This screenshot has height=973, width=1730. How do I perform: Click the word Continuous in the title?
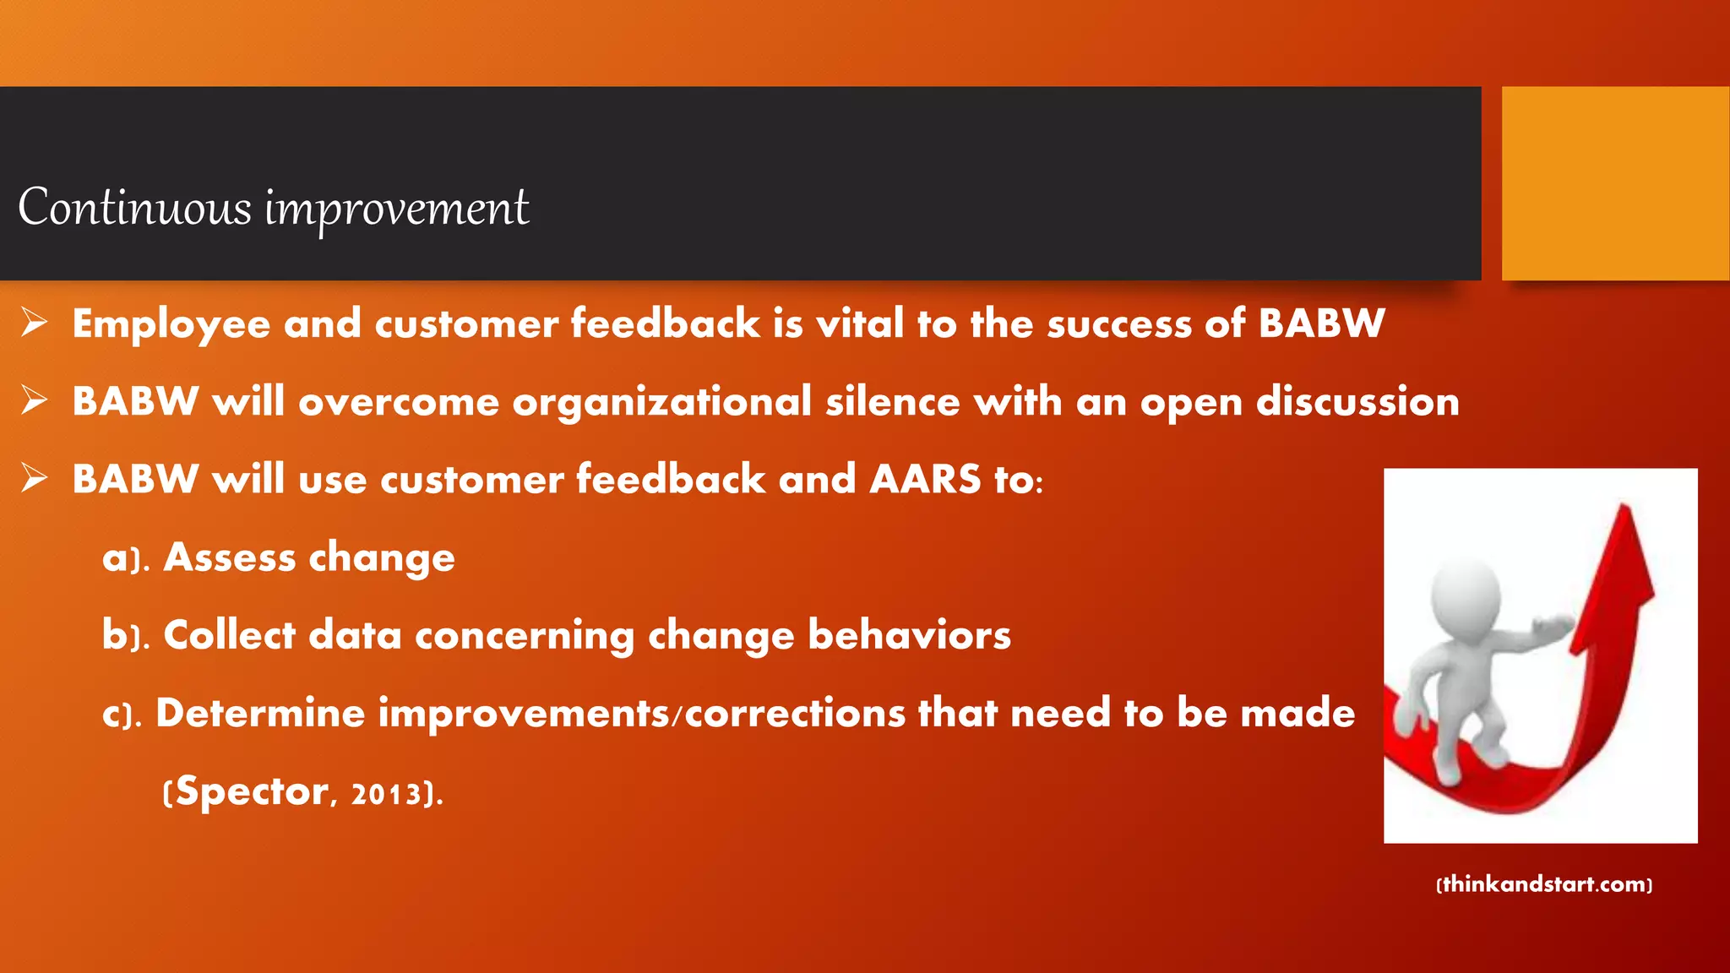point(135,207)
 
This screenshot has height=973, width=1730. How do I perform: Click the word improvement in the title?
point(397,209)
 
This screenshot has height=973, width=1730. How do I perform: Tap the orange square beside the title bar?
point(1615,183)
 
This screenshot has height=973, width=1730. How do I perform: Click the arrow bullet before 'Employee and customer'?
point(35,323)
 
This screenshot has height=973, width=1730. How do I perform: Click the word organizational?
point(661,403)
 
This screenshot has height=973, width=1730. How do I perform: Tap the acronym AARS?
point(925,479)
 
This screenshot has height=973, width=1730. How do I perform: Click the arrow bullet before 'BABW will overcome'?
point(35,400)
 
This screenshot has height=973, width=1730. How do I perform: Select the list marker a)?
point(125,558)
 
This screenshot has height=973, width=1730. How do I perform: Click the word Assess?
point(230,557)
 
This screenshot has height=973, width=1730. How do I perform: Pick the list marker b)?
point(125,635)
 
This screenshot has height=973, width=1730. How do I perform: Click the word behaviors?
point(909,635)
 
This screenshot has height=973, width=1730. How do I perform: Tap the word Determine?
point(260,713)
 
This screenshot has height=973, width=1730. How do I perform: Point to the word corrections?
point(795,713)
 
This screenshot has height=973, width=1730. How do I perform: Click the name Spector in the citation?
point(252,792)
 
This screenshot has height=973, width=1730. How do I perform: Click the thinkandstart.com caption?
point(1544,884)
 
